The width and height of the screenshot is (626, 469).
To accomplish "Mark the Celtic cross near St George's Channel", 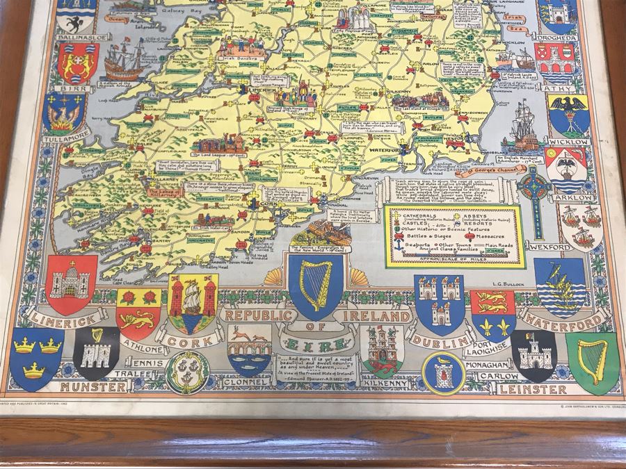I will coord(536,188).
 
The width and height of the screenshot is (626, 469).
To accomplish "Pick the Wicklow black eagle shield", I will coord(569,115).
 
